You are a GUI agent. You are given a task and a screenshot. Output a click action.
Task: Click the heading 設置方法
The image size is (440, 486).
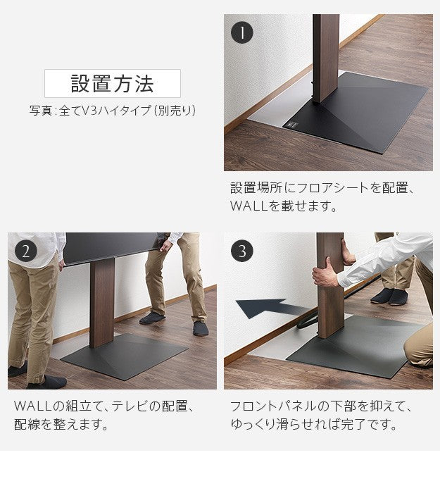tap(112, 83)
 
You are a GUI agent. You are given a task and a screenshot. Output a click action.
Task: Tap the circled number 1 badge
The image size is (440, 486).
tap(242, 32)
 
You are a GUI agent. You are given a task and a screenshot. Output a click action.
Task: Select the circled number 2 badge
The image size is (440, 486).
tap(26, 251)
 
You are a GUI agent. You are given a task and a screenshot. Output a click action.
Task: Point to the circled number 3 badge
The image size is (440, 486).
tap(242, 251)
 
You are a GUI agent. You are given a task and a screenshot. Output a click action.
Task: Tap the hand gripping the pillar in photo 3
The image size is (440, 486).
tap(325, 272)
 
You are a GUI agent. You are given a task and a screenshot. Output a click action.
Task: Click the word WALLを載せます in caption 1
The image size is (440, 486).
tap(284, 207)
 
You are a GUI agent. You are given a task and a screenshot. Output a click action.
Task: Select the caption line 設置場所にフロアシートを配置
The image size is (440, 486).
tap(324, 189)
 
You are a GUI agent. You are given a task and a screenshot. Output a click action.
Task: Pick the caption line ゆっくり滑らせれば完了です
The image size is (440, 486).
tap(313, 425)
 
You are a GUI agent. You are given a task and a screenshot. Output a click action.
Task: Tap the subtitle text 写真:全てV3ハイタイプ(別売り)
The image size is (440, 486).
tap(112, 111)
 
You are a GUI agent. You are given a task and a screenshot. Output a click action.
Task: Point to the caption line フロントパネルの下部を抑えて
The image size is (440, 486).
tap(321, 407)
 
